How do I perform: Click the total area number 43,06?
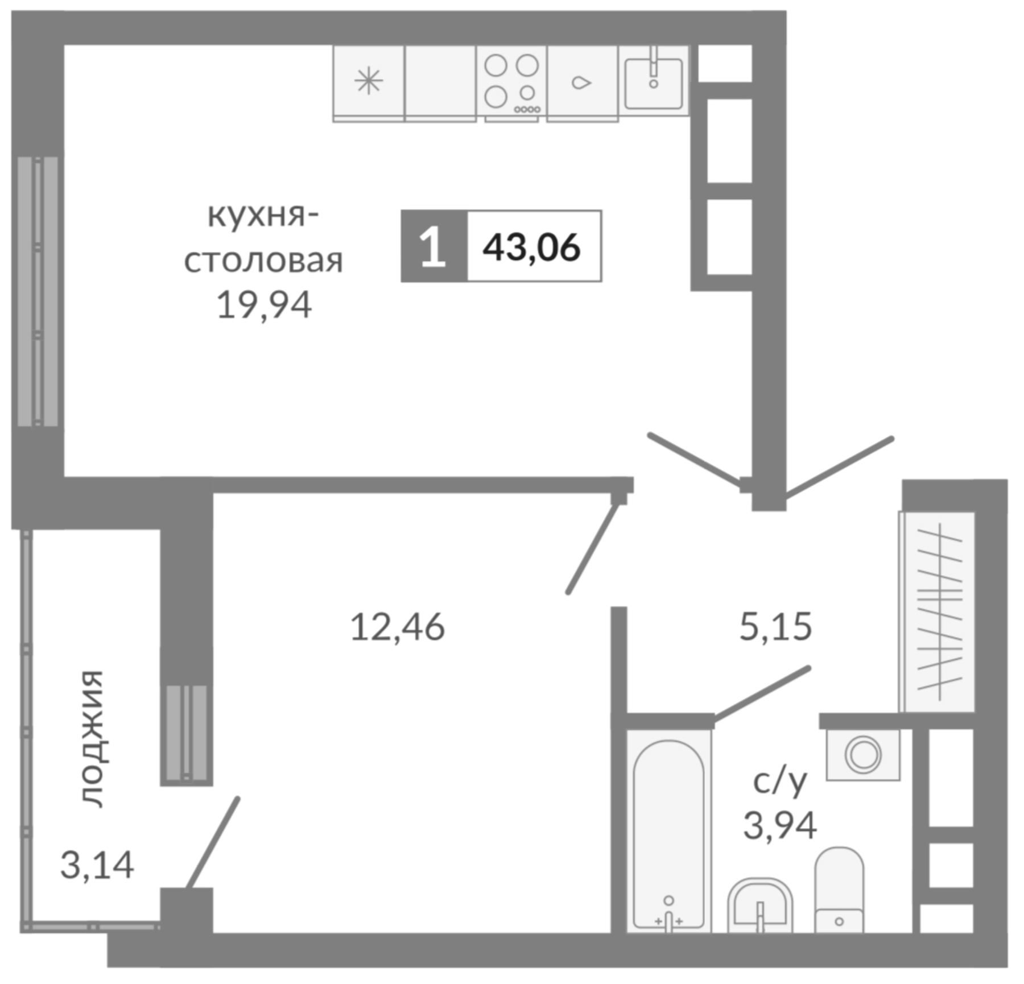tap(532, 247)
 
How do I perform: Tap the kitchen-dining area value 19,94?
tap(264, 305)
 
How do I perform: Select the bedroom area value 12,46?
tap(397, 627)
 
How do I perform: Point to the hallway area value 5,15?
tap(775, 626)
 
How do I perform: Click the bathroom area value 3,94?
tap(780, 825)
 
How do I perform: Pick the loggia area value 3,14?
tap(97, 865)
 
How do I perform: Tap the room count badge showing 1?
tap(433, 246)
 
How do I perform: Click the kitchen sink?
tap(653, 82)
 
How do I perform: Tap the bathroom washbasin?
tap(760, 908)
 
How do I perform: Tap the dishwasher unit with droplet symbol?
tap(581, 82)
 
